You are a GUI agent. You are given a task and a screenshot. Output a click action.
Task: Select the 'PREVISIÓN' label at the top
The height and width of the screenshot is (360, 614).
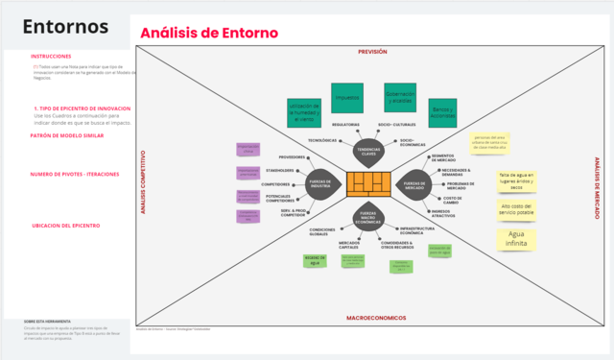tap(372, 51)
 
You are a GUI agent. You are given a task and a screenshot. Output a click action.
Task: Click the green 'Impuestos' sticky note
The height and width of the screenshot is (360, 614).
tap(346, 96)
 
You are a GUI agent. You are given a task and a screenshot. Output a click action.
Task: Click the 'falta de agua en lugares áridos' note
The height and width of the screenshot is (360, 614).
tap(516, 180)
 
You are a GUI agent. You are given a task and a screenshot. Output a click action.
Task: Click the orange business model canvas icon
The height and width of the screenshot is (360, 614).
tap(369, 181)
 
